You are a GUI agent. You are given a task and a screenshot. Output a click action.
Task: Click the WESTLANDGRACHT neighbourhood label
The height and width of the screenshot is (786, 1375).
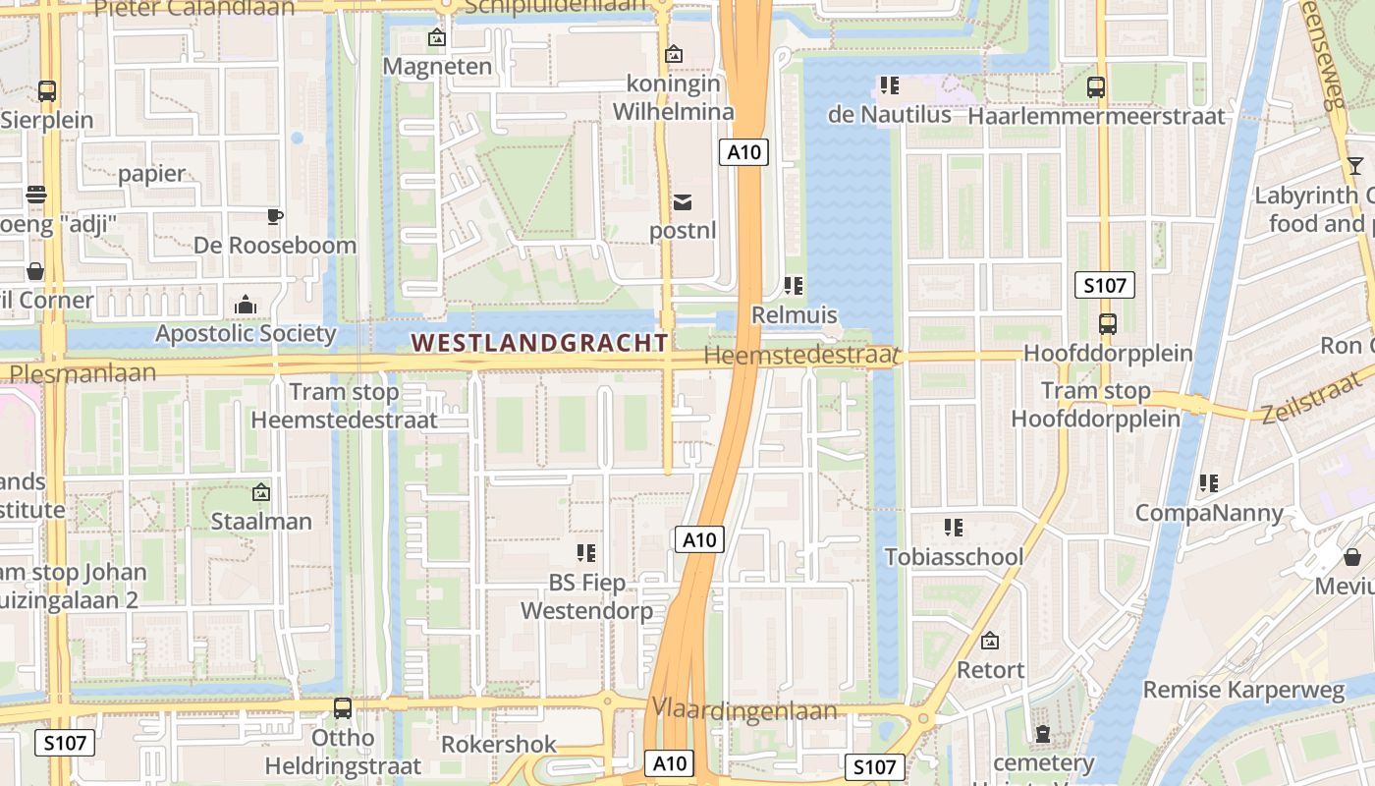(x=539, y=343)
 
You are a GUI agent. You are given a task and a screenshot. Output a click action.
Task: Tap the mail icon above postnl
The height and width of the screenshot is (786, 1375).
(x=683, y=202)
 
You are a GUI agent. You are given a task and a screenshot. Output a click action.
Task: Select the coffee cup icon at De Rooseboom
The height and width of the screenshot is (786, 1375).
(x=275, y=216)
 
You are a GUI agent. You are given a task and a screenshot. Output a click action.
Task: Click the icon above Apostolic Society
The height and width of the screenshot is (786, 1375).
(x=246, y=305)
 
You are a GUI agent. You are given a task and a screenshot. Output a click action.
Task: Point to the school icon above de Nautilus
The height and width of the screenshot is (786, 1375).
(x=890, y=85)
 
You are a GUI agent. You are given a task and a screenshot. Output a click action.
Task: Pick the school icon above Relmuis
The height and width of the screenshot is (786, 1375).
(x=794, y=286)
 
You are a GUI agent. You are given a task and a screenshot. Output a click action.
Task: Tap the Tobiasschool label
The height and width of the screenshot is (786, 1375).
(x=954, y=557)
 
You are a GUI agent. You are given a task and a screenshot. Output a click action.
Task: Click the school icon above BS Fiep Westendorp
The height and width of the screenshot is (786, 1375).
(x=586, y=553)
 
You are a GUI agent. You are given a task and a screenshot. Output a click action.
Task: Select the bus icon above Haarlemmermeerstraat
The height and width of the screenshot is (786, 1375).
(x=1096, y=86)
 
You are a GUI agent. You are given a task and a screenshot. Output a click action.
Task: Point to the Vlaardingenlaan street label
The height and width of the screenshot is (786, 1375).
(x=744, y=710)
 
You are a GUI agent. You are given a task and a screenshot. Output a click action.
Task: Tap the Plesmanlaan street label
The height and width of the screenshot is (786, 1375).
(x=82, y=373)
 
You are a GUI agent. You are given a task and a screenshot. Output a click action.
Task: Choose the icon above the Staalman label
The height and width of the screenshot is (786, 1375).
(x=261, y=492)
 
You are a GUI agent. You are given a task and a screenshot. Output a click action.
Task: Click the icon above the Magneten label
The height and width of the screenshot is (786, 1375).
(x=437, y=38)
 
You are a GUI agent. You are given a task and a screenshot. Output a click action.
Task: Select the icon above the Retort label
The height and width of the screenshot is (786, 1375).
(x=990, y=641)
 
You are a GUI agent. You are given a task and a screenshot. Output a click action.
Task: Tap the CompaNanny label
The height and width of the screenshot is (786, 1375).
(x=1209, y=513)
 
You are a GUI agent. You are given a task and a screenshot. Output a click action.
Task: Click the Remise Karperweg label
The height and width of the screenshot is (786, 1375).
(x=1243, y=690)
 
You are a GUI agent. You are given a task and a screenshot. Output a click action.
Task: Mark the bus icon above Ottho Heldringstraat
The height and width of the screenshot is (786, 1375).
(x=343, y=707)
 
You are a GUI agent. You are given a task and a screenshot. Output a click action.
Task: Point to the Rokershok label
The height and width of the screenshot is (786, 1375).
(x=499, y=745)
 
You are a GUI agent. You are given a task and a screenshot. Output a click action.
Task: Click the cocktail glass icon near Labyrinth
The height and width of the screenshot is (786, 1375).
(x=1355, y=165)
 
